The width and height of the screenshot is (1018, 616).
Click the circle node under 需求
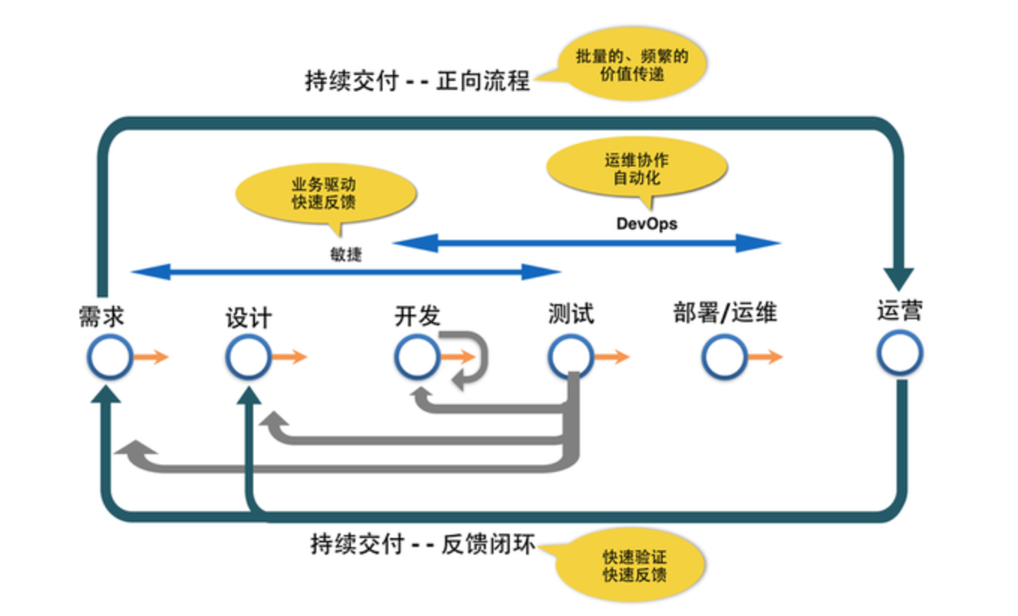(109, 357)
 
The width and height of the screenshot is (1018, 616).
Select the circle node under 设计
(248, 357)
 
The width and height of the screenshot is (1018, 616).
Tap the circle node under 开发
(417, 357)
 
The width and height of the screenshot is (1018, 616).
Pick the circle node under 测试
(570, 357)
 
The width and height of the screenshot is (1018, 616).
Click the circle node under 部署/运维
(724, 357)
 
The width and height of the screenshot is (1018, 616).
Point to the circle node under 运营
(900, 353)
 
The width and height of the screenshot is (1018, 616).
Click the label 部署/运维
(724, 312)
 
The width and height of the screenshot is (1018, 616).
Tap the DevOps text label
(646, 223)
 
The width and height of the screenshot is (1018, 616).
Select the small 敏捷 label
(346, 254)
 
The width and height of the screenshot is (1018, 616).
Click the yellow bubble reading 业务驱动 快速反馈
(325, 193)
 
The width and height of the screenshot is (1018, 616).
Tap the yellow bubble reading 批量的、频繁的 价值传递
(631, 65)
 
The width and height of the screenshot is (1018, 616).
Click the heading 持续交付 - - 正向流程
(417, 80)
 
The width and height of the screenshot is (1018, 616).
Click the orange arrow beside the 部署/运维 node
(765, 357)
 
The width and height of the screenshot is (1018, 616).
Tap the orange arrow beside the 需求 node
(151, 357)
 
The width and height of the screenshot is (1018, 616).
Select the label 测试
(570, 313)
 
